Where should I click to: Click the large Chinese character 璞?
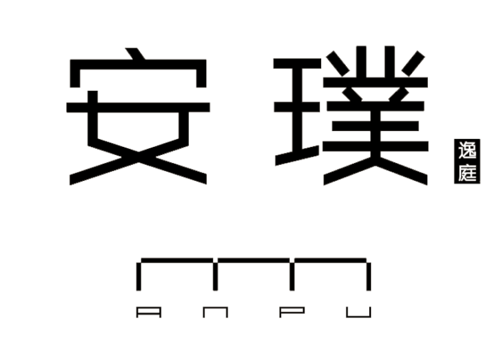[350, 116]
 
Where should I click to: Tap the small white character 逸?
[467, 150]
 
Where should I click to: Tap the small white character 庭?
[467, 172]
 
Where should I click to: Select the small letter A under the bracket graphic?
[149, 312]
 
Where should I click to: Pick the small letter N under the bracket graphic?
[216, 312]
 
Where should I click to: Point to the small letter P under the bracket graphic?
[292, 312]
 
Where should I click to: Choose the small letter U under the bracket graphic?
[359, 312]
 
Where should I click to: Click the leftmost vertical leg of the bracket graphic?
[139, 276]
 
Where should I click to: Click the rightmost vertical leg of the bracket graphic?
[368, 276]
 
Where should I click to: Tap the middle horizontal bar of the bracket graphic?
[254, 260]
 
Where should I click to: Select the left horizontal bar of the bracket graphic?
[177, 260]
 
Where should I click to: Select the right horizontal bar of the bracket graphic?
[330, 260]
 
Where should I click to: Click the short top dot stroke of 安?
[136, 53]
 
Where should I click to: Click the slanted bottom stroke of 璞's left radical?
[297, 155]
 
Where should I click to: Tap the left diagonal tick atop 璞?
[338, 63]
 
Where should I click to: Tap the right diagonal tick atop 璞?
[413, 63]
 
